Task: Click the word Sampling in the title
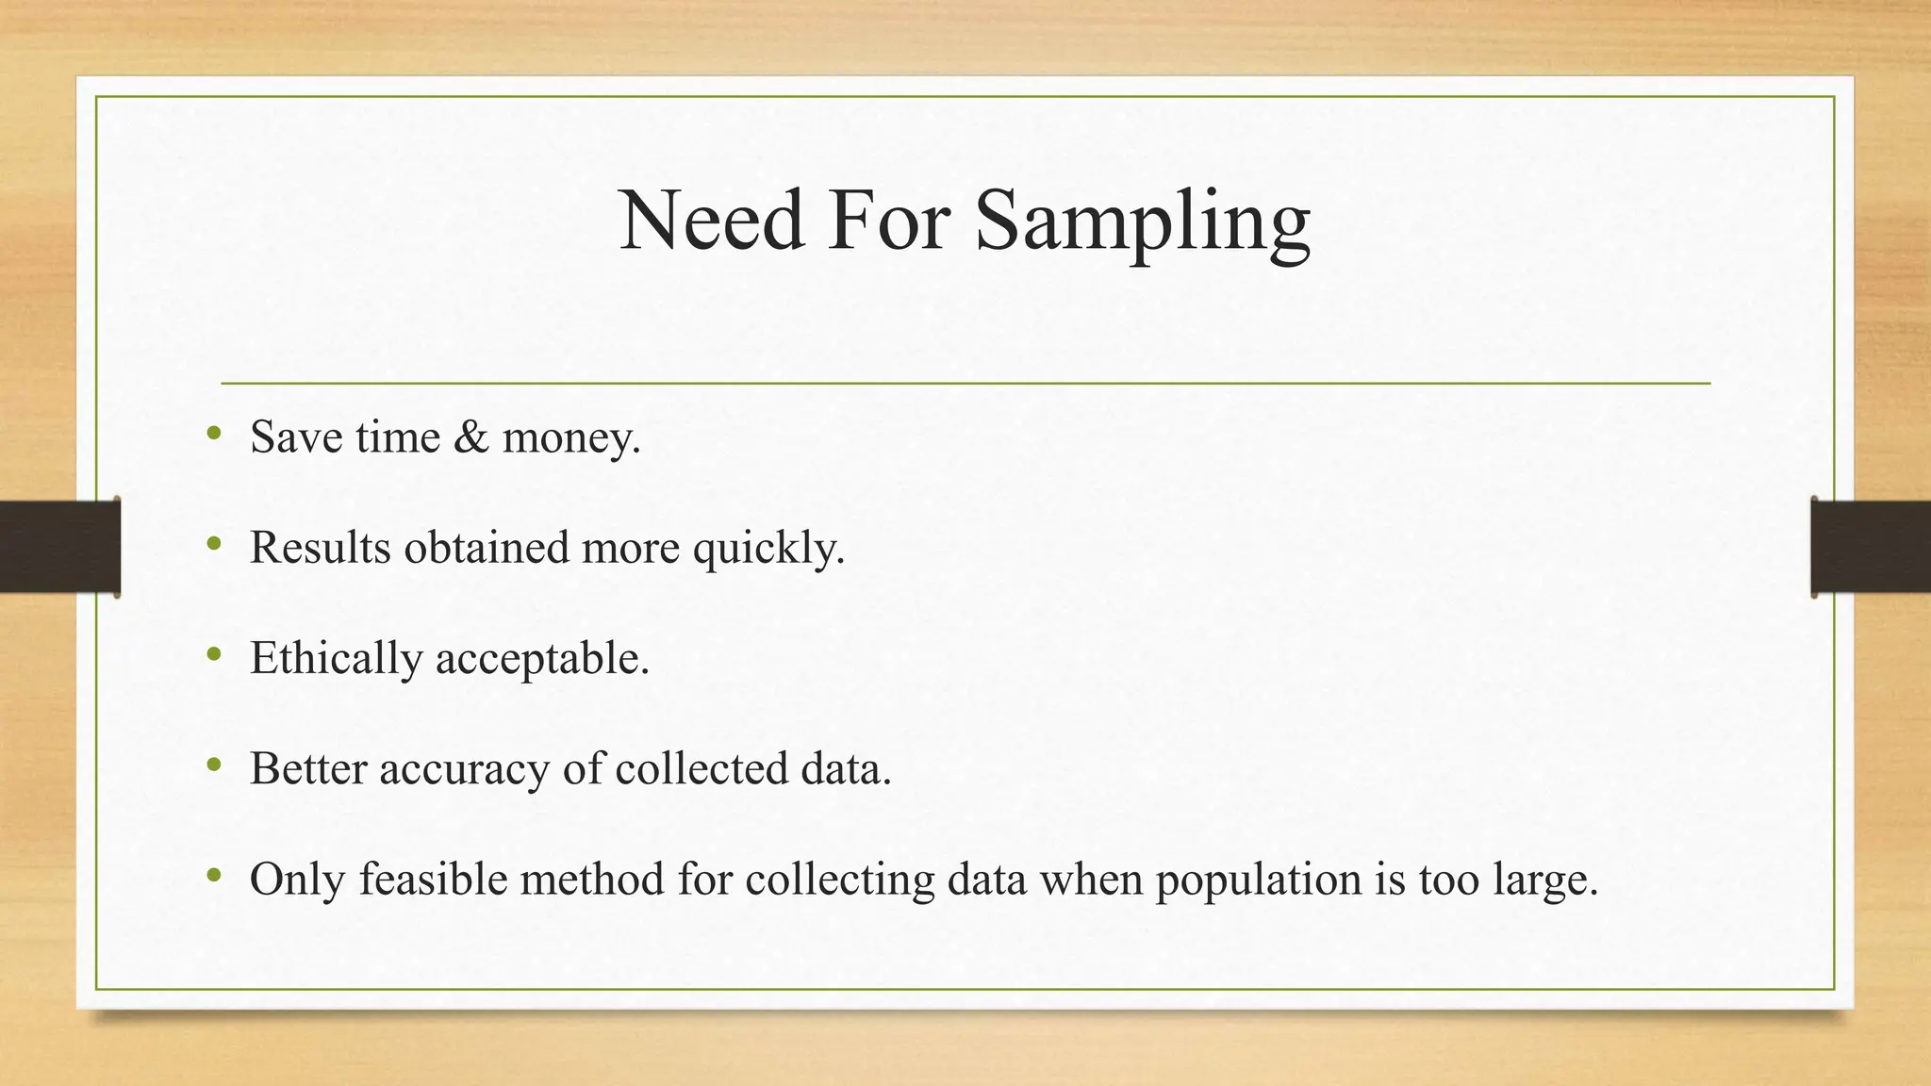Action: coord(1142,222)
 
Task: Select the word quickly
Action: coord(768,549)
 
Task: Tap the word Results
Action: coord(320,548)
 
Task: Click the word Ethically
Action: coord(336,659)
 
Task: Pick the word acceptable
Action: coord(542,659)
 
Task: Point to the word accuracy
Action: coord(464,769)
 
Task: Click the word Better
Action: coord(308,768)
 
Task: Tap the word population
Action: coord(1259,880)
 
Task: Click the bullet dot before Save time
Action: coord(214,434)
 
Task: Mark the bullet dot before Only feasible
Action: coord(214,876)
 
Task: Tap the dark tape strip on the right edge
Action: coord(1871,547)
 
